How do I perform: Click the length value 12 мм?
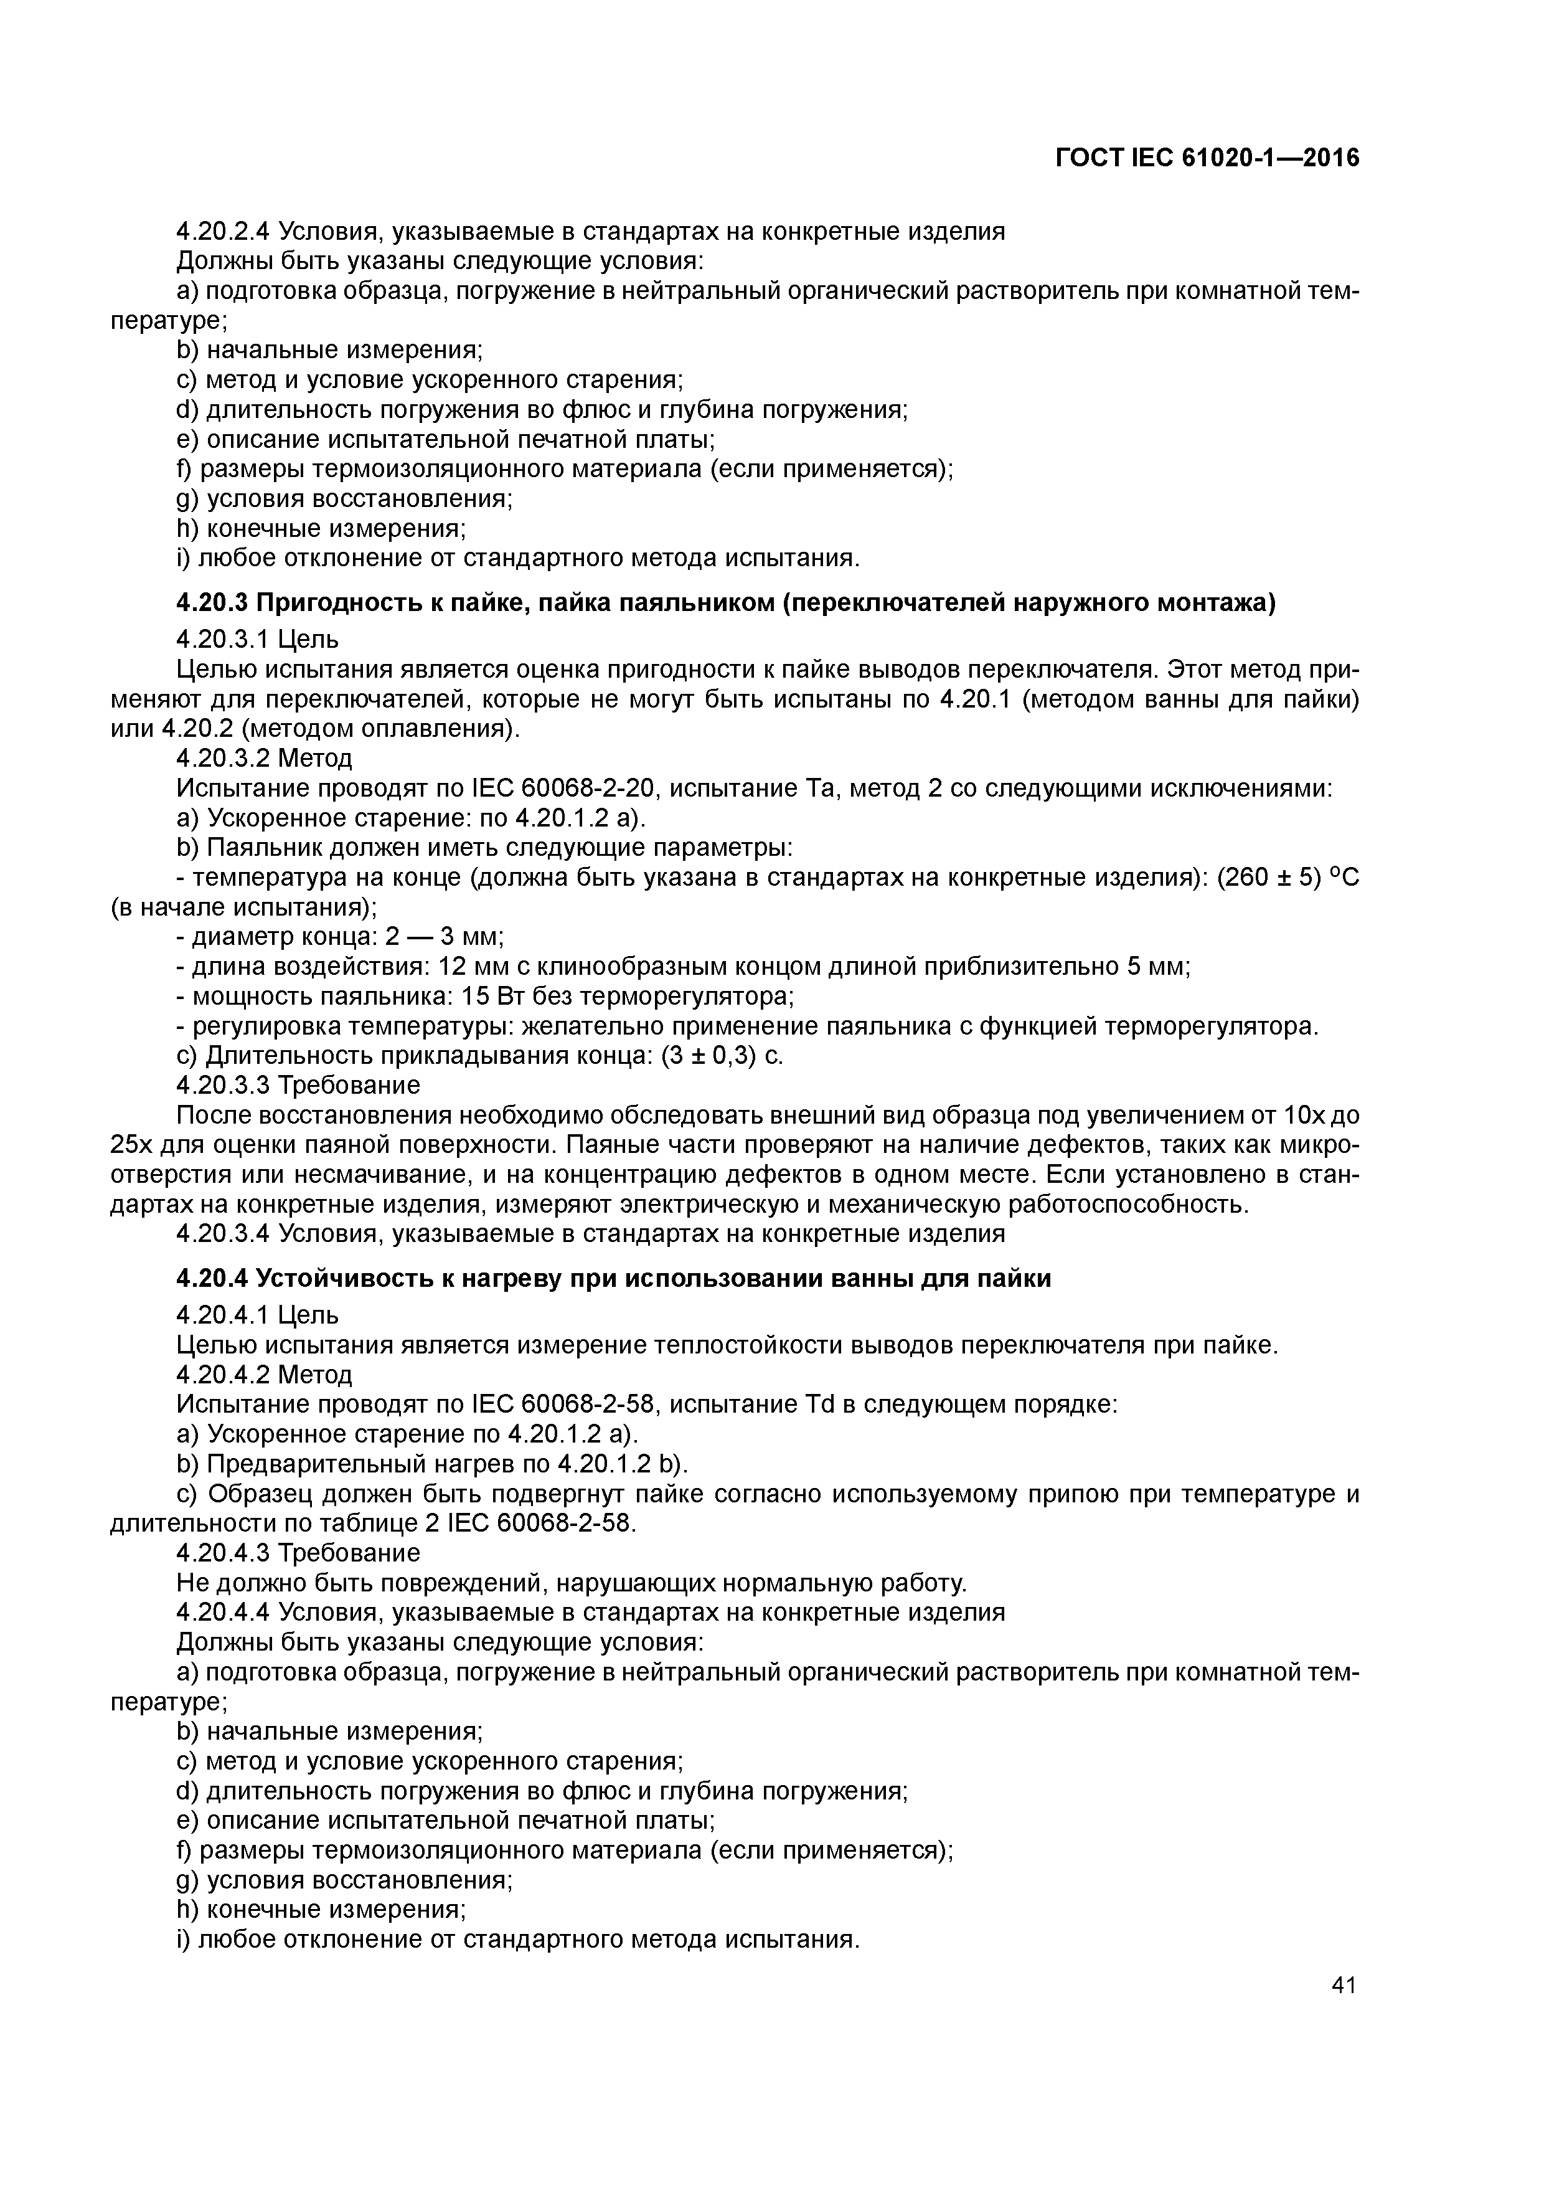467,966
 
